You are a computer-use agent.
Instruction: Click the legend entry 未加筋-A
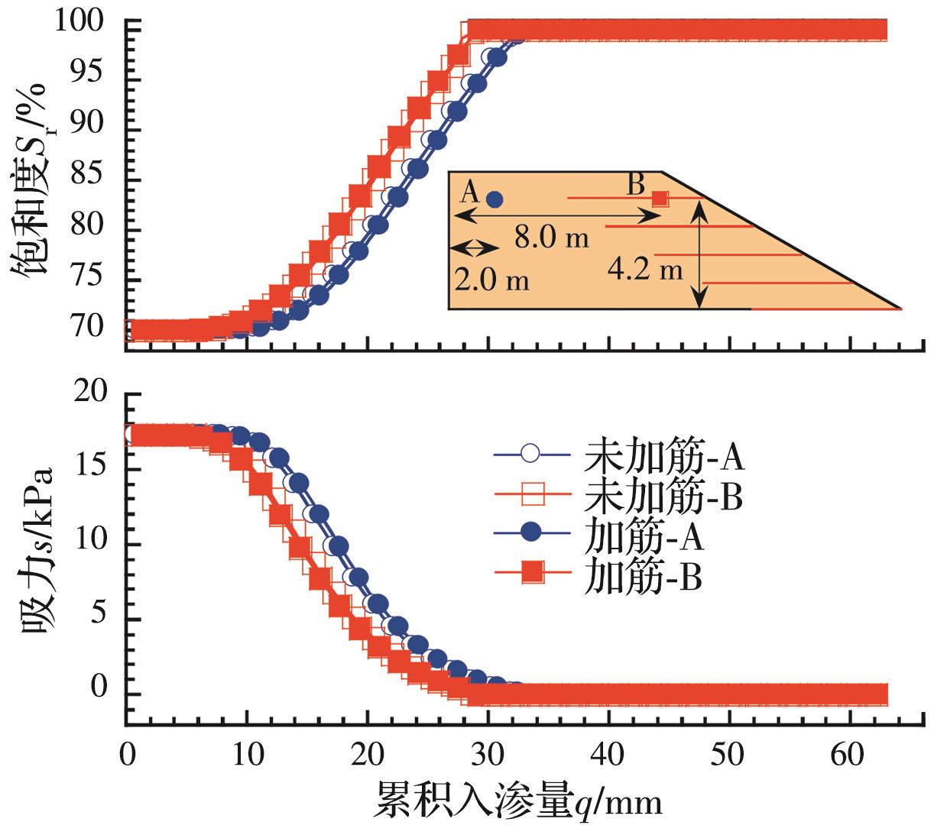click(619, 456)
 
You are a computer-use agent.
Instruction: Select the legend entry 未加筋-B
click(619, 497)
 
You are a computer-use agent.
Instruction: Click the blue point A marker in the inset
click(495, 199)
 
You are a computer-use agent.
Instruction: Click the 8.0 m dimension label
click(551, 238)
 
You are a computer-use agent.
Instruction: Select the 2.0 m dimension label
click(491, 279)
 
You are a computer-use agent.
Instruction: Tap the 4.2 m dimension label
click(646, 268)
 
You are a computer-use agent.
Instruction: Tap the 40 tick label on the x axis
click(608, 755)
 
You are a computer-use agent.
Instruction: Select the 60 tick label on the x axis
click(849, 755)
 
